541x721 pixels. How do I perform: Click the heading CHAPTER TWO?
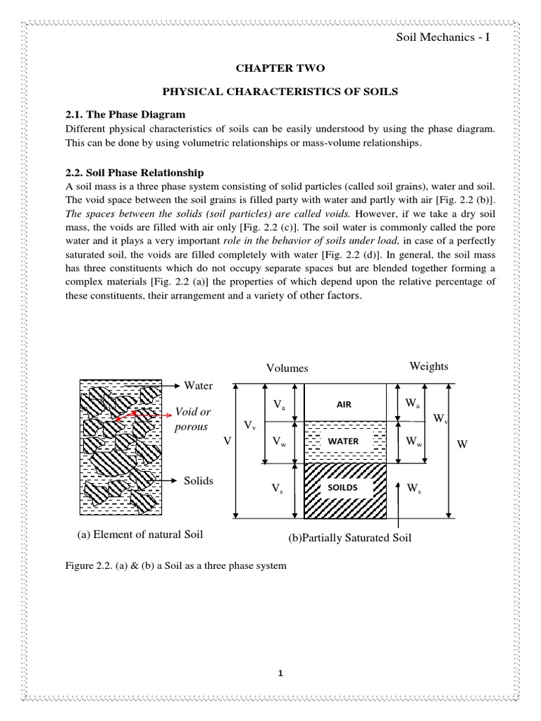pyautogui.click(x=270, y=68)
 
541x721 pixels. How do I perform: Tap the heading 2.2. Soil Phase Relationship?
pyautogui.click(x=135, y=172)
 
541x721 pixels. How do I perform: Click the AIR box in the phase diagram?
pyautogui.click(x=344, y=405)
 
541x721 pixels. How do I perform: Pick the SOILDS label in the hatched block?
pyautogui.click(x=344, y=487)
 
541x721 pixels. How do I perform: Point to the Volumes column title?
pyautogui.click(x=287, y=368)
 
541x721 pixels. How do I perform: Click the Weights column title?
pyautogui.click(x=429, y=367)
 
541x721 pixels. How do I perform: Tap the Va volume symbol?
pyautogui.click(x=280, y=405)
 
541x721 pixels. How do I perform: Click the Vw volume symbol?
pyautogui.click(x=280, y=442)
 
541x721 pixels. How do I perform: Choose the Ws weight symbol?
pyautogui.click(x=415, y=489)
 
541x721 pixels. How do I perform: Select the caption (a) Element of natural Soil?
pyautogui.click(x=139, y=534)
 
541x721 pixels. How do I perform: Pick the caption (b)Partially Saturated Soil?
pyautogui.click(x=349, y=538)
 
